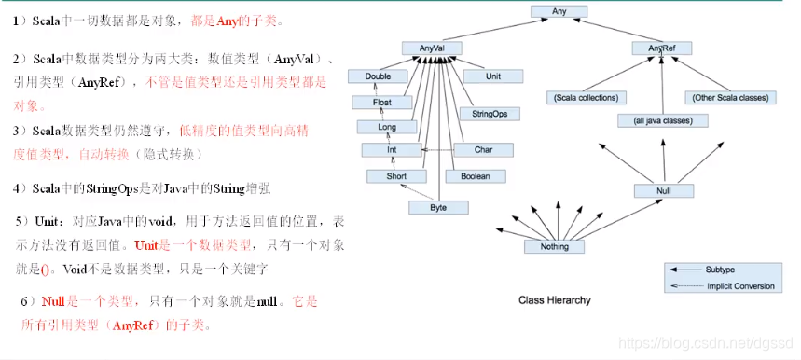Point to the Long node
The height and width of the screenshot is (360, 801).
pos(384,126)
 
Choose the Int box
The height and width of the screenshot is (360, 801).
pos(392,149)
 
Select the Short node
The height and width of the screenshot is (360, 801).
pos(397,175)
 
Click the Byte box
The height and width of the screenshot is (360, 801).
pos(436,207)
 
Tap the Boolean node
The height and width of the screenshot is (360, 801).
pos(476,175)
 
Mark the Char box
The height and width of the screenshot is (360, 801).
pos(483,149)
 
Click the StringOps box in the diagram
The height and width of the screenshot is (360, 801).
pos(483,113)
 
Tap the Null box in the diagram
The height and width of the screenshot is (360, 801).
pos(664,190)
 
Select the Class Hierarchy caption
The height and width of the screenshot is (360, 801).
pos(554,300)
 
